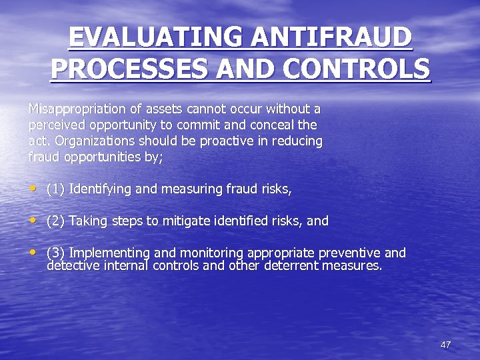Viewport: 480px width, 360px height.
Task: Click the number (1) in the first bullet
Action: [55, 189]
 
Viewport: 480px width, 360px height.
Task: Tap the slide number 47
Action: [445, 345]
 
